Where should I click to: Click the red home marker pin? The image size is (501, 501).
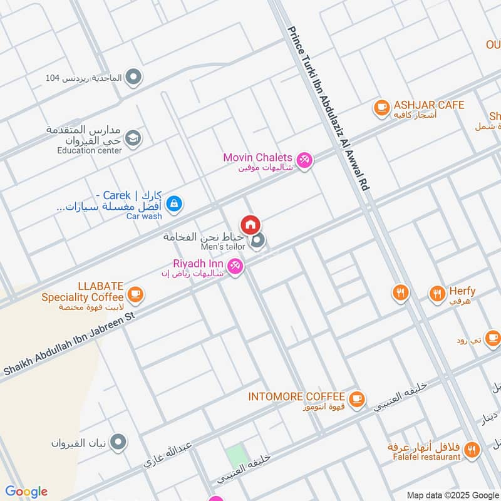tap(250, 224)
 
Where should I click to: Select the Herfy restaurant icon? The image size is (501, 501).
tap(436, 292)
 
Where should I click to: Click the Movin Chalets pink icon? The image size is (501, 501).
tap(304, 160)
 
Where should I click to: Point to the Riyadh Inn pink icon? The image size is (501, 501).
tap(235, 266)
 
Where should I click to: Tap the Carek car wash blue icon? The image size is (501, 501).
tap(176, 203)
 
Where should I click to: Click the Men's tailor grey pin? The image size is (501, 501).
tap(257, 240)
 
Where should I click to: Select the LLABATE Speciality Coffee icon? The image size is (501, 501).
tap(135, 293)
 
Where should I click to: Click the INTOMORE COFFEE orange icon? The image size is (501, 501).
tap(356, 398)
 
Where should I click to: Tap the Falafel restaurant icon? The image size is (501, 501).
tap(472, 448)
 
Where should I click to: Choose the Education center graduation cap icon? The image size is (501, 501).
tap(133, 138)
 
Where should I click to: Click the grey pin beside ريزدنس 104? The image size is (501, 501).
tap(133, 78)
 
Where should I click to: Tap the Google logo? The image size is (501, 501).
tap(26, 492)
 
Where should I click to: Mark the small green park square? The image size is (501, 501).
tap(235, 455)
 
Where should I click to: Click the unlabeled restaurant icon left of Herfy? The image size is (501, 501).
tap(400, 292)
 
